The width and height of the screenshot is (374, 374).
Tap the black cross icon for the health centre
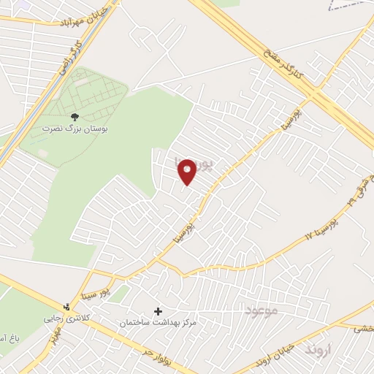(x=158, y=311)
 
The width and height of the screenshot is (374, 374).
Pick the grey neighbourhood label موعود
(x=262, y=311)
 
